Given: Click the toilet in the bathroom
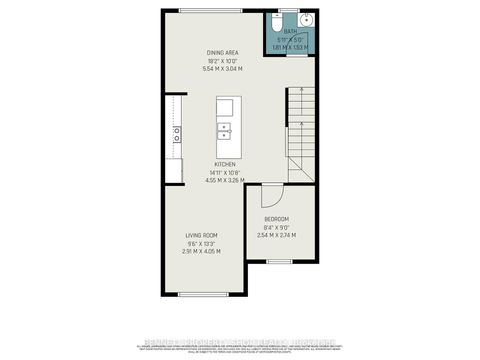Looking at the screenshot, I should click(x=284, y=20).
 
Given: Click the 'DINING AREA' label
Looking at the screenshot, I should click(x=223, y=53).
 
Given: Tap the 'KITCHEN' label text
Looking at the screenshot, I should click(x=224, y=164).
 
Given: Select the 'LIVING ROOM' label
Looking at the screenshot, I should click(x=203, y=235).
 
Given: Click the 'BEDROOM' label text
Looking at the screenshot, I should click(x=276, y=219).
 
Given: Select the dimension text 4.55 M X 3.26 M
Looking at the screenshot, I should click(x=224, y=181).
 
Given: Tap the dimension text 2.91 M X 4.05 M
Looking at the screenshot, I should click(x=203, y=251).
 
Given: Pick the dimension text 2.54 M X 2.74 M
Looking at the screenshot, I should click(x=276, y=235).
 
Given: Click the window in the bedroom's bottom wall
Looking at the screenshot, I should click(x=279, y=260).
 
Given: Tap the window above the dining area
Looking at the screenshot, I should click(x=210, y=10).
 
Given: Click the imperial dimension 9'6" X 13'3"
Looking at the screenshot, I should click(x=203, y=243).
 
